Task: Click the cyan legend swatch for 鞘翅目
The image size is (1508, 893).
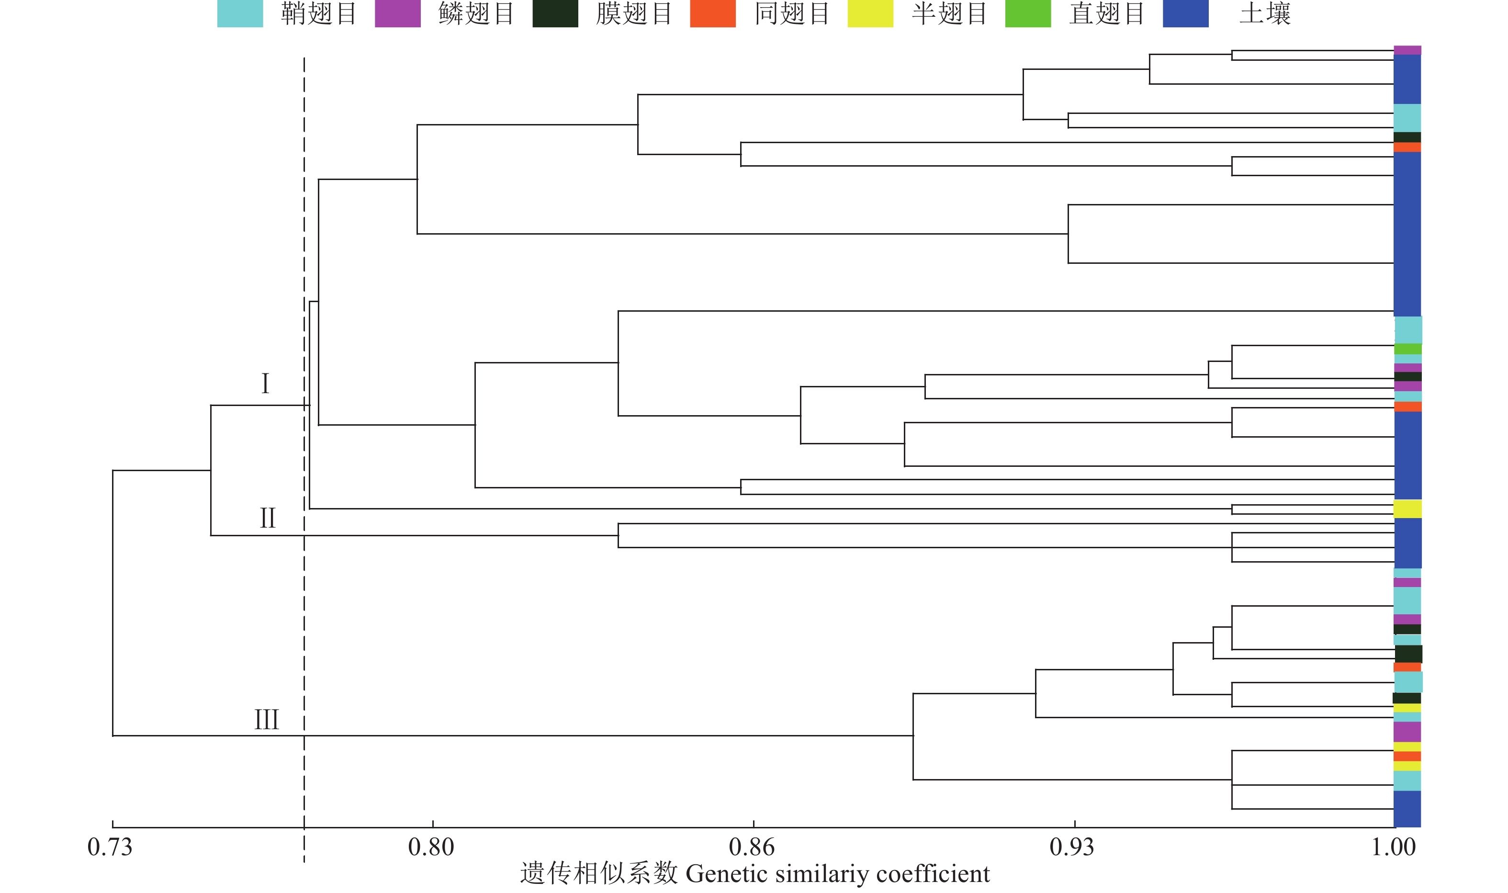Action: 240,13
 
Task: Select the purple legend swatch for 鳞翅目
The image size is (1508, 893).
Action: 398,13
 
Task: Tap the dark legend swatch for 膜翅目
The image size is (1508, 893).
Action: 555,13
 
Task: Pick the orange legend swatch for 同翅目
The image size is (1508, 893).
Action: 713,13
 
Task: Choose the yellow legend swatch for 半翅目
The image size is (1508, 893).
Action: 870,13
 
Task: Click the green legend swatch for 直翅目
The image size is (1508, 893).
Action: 1028,13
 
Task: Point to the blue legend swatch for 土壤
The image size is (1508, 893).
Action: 1186,13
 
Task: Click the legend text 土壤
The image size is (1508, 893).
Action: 1265,13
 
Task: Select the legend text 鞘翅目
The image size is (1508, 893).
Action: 319,13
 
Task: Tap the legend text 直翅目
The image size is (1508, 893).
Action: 1107,13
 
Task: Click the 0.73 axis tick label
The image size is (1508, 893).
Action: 110,847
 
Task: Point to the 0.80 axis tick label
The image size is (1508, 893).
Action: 431,847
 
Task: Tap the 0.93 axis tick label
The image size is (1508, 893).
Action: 1072,847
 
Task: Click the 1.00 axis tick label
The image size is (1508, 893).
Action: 1394,847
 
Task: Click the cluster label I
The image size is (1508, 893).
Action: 265,384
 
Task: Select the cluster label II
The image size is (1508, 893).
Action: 268,518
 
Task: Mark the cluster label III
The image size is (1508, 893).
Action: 267,719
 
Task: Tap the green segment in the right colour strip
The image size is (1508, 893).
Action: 1408,349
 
